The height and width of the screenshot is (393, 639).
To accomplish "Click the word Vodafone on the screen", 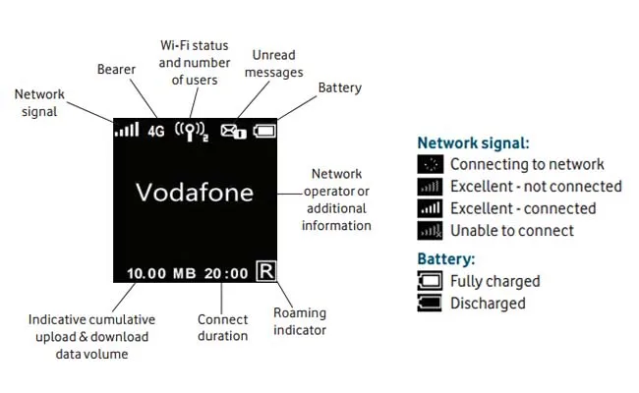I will click(194, 193).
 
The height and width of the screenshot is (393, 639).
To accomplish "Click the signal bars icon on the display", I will click(126, 130).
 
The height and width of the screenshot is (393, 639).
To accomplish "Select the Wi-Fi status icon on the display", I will click(190, 130).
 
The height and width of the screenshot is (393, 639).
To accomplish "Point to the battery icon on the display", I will click(264, 130).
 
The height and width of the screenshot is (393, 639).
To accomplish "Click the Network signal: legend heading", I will click(473, 142).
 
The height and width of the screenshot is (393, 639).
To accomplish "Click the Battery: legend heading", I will click(446, 259).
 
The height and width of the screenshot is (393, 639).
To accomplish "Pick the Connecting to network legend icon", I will click(431, 165).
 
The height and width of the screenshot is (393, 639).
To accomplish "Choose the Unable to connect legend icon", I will click(431, 231).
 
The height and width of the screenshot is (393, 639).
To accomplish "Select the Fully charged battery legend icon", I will click(431, 281).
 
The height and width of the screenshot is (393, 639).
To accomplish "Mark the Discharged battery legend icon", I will click(431, 304).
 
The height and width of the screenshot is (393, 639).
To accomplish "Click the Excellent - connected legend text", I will click(523, 208).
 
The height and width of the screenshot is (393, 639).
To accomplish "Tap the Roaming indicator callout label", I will click(300, 321).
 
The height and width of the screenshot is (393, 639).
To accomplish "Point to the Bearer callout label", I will click(116, 70).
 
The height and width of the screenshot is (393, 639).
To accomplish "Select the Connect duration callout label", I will click(223, 327).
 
